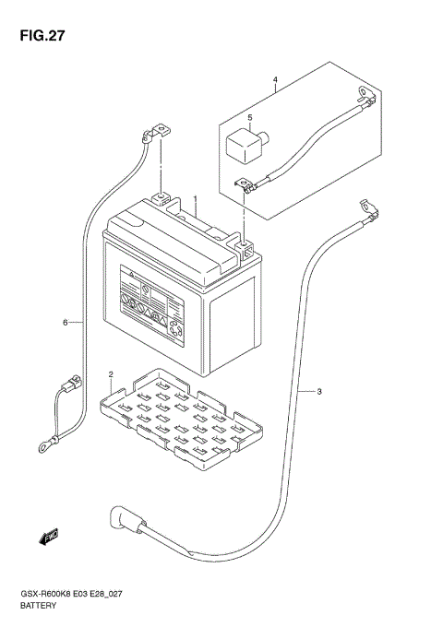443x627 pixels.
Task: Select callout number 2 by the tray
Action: click(111, 374)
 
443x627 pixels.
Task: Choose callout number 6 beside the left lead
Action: click(66, 323)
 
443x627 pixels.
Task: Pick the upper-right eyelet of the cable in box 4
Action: click(366, 94)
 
